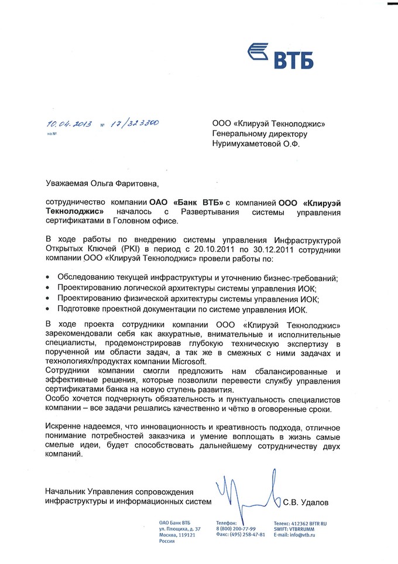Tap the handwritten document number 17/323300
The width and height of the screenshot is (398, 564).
(x=135, y=124)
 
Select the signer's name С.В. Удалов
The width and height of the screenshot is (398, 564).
(x=306, y=502)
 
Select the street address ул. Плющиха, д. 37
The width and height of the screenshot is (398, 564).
(x=179, y=528)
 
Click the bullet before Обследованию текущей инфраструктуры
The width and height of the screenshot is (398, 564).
(x=47, y=277)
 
